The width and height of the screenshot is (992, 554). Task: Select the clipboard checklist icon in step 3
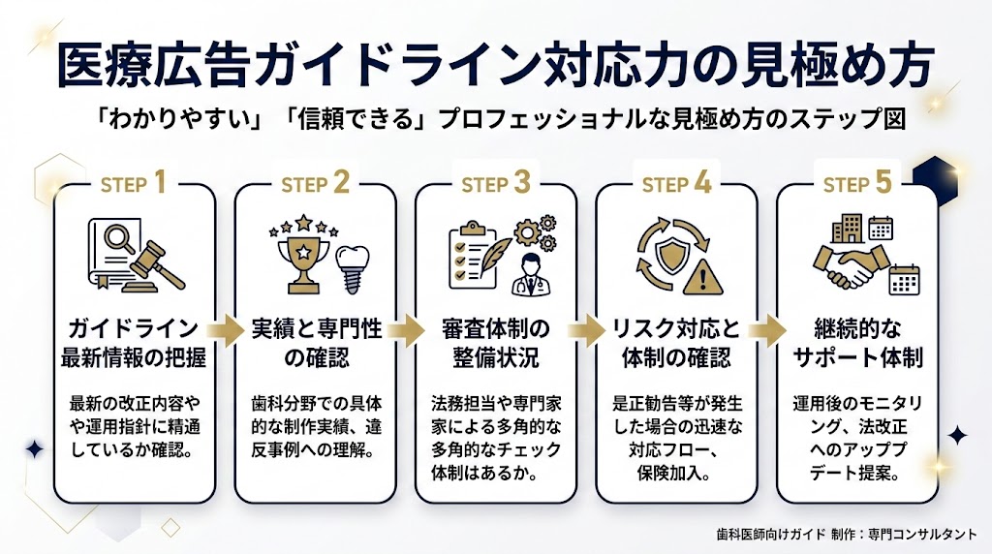[x=472, y=253]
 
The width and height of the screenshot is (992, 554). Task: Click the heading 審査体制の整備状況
[x=495, y=341]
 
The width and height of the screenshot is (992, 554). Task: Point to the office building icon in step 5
[x=845, y=228]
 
